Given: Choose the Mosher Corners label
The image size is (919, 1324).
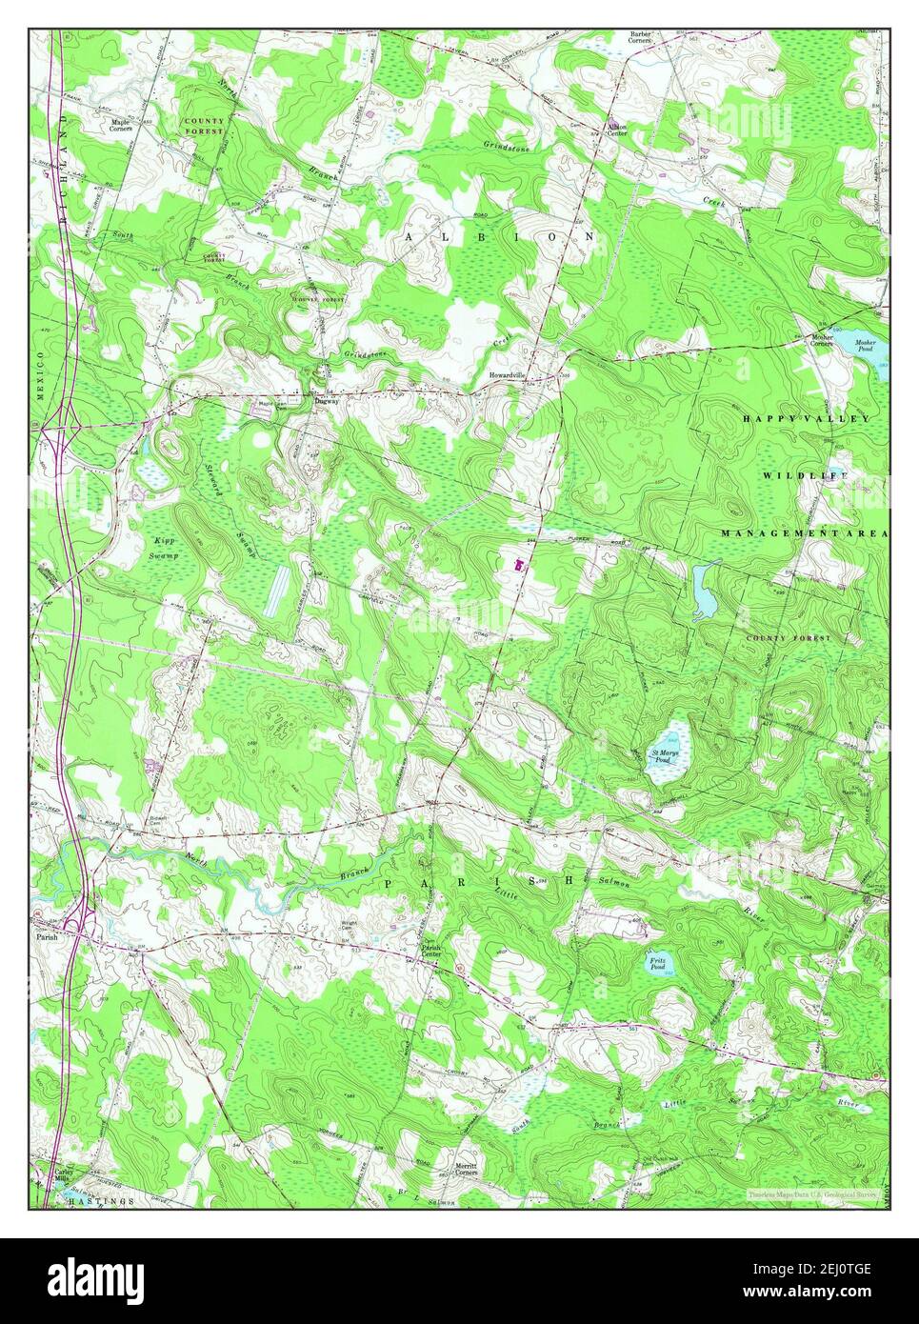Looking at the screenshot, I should coord(821,340).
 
